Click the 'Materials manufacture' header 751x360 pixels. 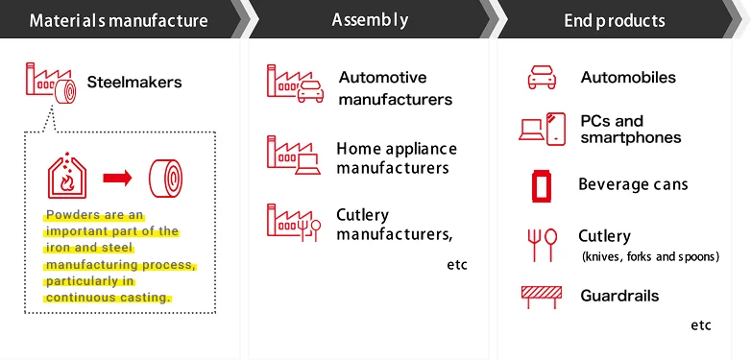pos(118,20)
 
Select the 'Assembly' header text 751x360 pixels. pos(370,20)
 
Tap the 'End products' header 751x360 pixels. pos(615,20)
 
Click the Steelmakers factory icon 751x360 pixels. pos(51,83)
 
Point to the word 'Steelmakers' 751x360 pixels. pos(134,82)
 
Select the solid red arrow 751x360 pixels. pos(117,179)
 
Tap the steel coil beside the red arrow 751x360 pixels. pos(166,179)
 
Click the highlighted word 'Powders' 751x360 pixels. pos(72,214)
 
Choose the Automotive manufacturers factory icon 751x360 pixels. pos(295,84)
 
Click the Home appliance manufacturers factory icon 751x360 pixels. pos(294,155)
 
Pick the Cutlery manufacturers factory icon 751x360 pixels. pos(294,222)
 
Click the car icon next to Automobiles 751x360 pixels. pos(542,77)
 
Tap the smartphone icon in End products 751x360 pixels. pos(556,129)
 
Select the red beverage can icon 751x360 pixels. pos(542,185)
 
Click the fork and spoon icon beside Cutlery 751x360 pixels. pos(542,245)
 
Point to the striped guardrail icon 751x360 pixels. pos(542,297)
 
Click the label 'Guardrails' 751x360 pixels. pos(619,296)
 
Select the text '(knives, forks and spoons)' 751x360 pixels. pos(650,256)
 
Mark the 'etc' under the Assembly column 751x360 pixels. pos(457,265)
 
